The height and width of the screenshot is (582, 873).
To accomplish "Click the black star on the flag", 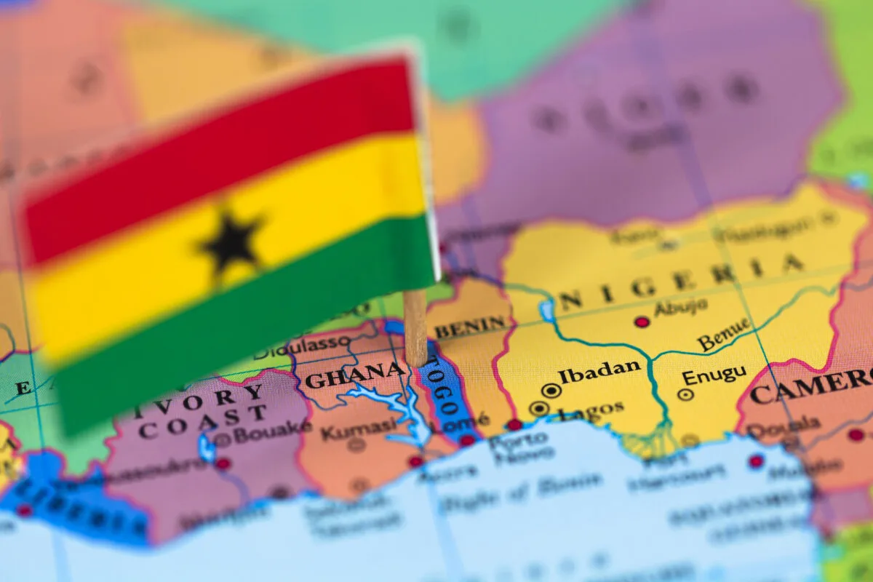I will pyautogui.click(x=231, y=243).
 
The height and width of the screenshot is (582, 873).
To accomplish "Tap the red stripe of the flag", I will pyautogui.click(x=218, y=153).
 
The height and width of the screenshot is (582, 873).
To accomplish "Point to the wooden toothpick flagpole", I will pyautogui.click(x=415, y=327).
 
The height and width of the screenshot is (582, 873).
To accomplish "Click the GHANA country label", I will pyautogui.click(x=354, y=375).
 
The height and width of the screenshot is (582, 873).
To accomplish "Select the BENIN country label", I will pyautogui.click(x=471, y=325).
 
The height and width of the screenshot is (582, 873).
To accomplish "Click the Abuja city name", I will pyautogui.click(x=680, y=307).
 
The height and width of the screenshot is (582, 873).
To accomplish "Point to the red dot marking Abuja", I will pyautogui.click(x=642, y=322).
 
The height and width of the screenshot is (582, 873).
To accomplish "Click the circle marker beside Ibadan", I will pyautogui.click(x=551, y=391).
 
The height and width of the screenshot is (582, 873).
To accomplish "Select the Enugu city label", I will pyautogui.click(x=714, y=375).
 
